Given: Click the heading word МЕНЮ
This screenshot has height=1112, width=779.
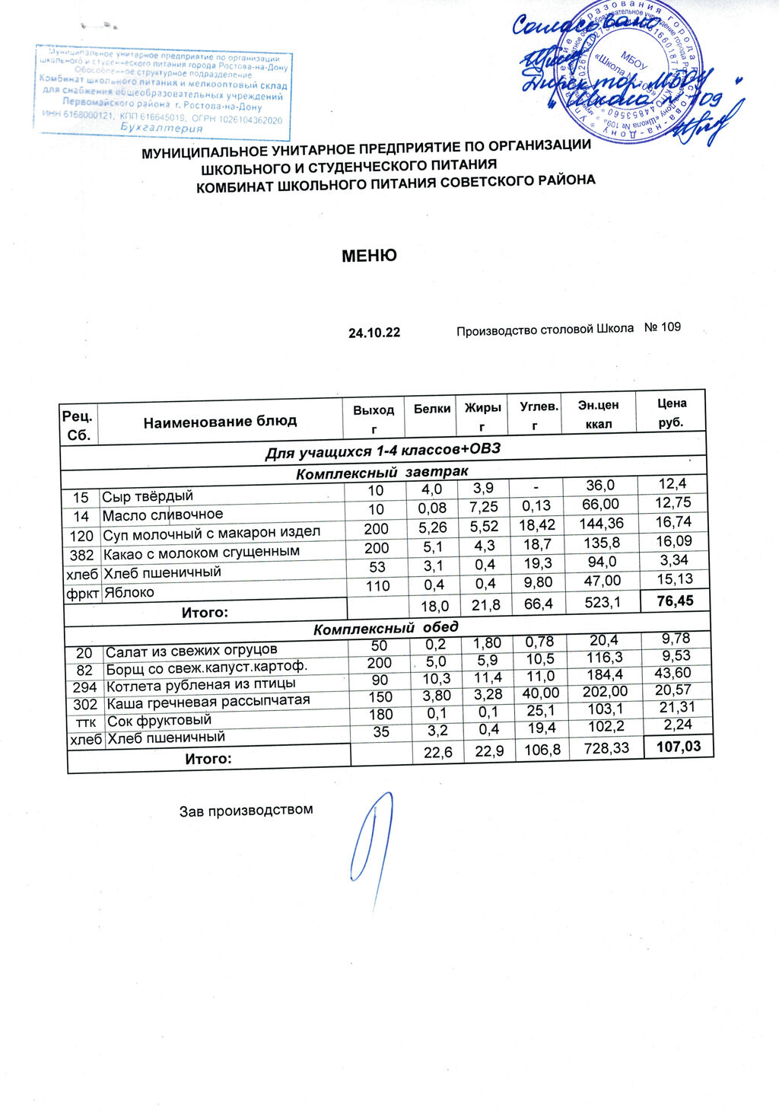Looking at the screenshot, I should pos(369,255).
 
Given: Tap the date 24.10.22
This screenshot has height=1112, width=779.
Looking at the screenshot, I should pos(374,333).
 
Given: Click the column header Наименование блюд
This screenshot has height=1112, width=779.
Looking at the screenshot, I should pos(221,421).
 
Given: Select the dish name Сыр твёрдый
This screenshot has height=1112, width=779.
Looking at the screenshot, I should pos(148,496).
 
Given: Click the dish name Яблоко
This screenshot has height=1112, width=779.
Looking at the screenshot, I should pos(129,592).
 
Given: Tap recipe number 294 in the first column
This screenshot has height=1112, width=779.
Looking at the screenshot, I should pos(85,687).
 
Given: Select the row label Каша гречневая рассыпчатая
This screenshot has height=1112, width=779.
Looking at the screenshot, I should pos(208,701).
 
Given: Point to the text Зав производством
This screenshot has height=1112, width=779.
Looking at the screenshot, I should pos(246,810).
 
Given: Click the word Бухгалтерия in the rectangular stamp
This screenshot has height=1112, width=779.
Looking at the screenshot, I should pos(162,128).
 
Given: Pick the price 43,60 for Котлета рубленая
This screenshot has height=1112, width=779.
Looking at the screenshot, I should pos(673,673).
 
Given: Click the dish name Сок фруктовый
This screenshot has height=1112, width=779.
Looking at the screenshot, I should pos(159,720).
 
